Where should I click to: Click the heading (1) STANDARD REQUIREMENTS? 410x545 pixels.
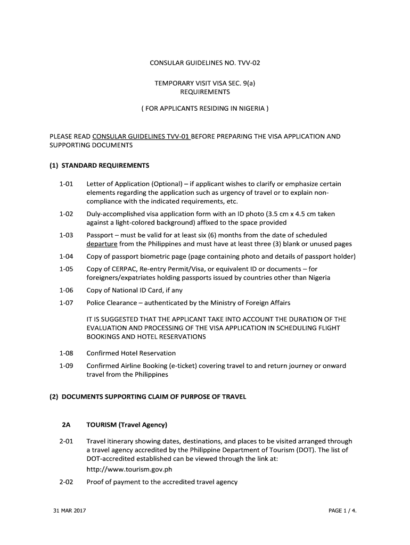[x=100, y=164]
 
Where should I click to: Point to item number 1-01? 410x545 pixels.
[x=66, y=184]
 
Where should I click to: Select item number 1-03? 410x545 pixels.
[x=66, y=235]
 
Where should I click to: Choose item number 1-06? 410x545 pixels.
[x=66, y=290]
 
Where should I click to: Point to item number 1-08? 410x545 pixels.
[x=66, y=353]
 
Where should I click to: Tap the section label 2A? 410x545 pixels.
[x=66, y=425]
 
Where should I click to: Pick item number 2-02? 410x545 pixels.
[x=66, y=482]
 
